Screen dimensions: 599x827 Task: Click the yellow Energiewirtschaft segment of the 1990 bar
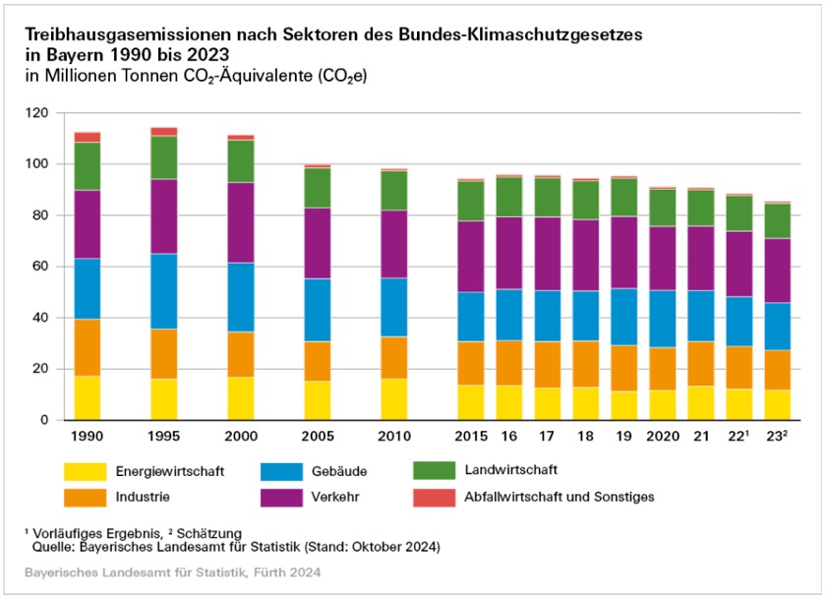pos(88,397)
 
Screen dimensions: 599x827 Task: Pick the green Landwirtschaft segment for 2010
pos(393,191)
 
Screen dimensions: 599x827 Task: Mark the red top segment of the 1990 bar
pos(88,137)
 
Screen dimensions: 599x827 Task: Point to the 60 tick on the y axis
pos(40,267)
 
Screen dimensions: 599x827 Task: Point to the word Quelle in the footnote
pos(52,545)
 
